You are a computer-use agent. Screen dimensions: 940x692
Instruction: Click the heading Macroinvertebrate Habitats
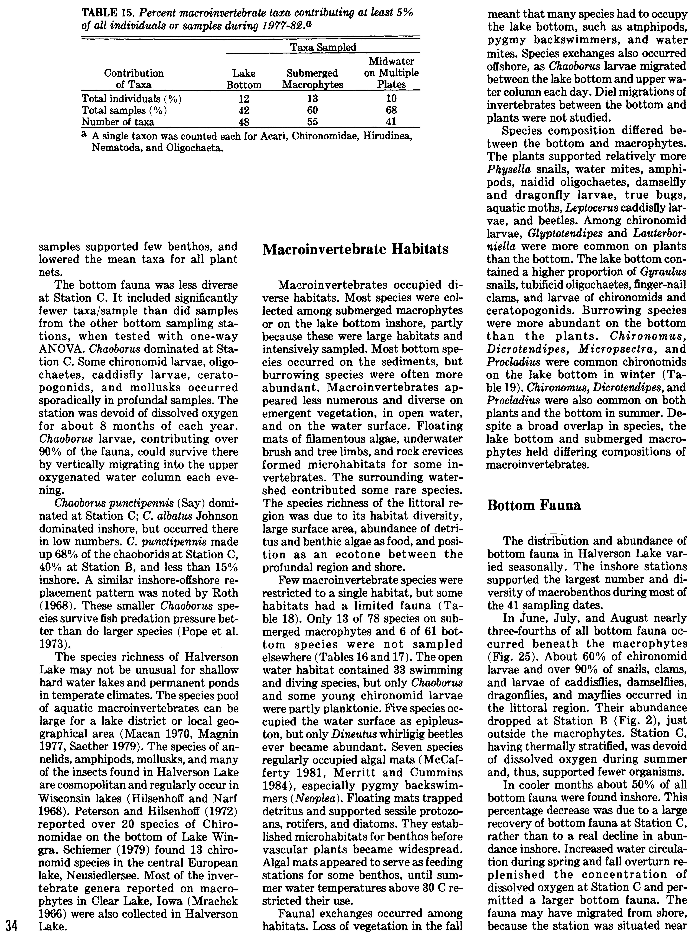point(355,249)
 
